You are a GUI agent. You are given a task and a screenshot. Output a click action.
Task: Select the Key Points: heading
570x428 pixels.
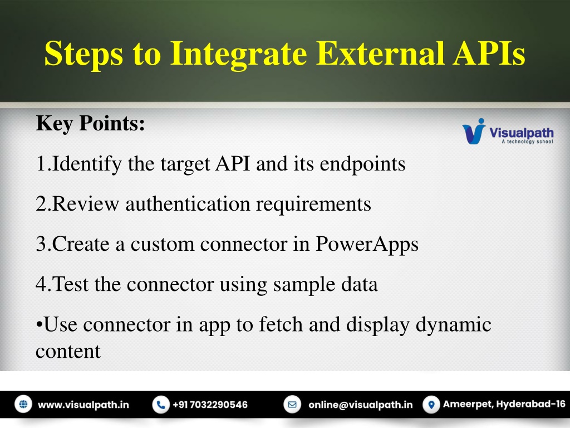click(91, 124)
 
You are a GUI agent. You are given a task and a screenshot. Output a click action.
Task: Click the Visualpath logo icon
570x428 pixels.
click(474, 132)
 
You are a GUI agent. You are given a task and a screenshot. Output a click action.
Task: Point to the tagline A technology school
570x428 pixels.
click(528, 142)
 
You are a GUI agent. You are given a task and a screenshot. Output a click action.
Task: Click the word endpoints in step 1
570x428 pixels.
click(362, 164)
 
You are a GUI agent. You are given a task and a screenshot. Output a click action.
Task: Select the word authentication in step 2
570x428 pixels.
click(188, 203)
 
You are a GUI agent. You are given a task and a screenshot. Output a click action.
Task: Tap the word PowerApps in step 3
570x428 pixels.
click(367, 244)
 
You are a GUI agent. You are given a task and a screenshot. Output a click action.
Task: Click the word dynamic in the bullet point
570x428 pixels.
click(453, 325)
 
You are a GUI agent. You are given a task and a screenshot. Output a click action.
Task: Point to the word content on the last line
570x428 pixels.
click(68, 352)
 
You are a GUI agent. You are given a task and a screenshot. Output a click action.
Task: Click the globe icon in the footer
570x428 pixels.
click(23, 405)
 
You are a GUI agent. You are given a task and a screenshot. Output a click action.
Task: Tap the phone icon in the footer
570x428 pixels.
click(161, 405)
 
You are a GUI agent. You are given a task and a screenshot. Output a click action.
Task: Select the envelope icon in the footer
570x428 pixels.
click(292, 405)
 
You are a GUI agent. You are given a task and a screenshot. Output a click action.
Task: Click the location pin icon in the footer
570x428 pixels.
click(431, 405)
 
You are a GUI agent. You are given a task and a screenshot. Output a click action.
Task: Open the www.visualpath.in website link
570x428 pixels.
click(83, 405)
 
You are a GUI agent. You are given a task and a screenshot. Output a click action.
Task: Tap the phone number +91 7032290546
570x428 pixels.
click(210, 405)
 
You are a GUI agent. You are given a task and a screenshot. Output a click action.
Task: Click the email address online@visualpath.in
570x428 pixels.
click(361, 405)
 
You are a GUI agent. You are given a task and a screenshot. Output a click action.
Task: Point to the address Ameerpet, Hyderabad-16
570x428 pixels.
click(504, 405)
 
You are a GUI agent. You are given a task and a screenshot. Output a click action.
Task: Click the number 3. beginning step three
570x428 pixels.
click(43, 244)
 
